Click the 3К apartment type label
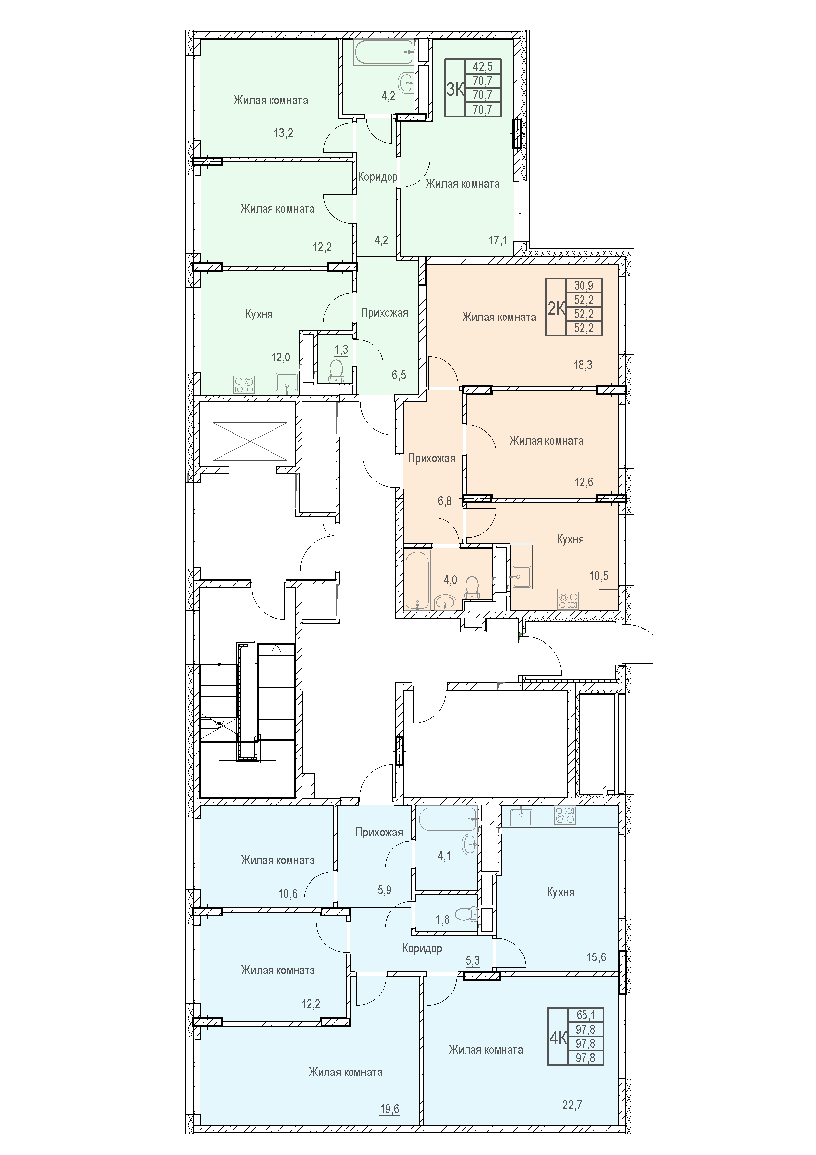455,89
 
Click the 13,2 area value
283,134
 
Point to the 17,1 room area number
498,240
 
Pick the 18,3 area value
583,366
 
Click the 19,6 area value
389,1109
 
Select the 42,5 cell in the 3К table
483,66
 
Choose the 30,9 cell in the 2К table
583,286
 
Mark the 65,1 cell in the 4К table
585,1016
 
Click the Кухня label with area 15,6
561,892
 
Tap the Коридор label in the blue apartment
423,948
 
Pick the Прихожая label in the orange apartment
432,458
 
